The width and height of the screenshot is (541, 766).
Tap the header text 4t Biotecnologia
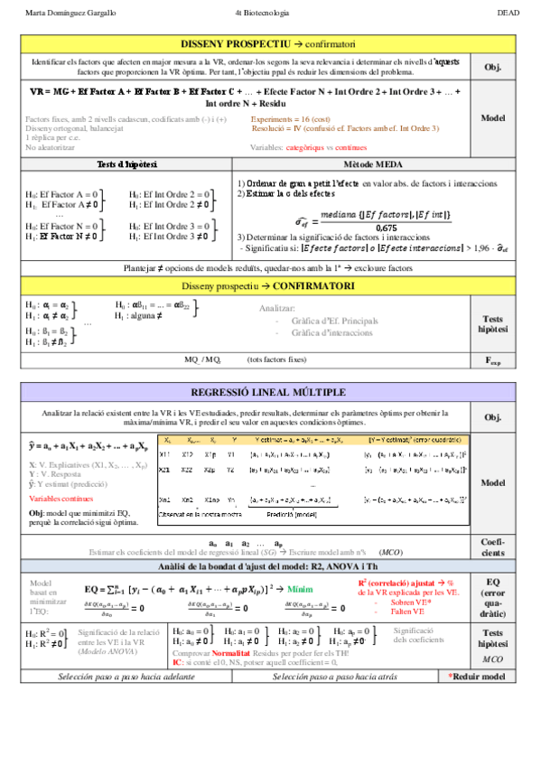click(262, 13)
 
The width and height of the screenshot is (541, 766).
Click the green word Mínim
click(301, 588)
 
